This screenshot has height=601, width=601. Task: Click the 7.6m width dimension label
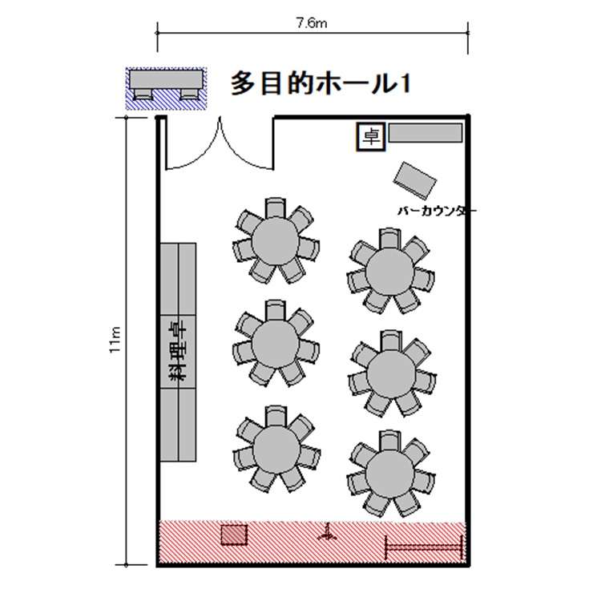tap(312, 24)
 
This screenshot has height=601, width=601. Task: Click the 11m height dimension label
tap(115, 340)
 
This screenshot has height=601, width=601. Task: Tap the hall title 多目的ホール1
tap(321, 83)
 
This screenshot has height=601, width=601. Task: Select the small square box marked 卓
tap(371, 136)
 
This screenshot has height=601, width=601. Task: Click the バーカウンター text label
tap(437, 211)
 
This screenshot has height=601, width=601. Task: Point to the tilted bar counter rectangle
tap(415, 180)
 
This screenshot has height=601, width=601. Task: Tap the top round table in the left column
tap(275, 240)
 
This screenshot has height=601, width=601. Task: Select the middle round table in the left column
tap(275, 342)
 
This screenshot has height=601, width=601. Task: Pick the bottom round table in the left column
tap(276, 448)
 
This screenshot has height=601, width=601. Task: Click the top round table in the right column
tap(389, 271)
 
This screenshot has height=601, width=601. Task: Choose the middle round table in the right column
tap(390, 373)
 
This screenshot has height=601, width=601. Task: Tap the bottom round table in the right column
tap(390, 474)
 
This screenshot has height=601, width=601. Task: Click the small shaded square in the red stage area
tap(234, 534)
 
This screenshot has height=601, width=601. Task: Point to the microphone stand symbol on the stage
tap(327, 532)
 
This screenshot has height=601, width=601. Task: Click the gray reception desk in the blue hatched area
tap(166, 79)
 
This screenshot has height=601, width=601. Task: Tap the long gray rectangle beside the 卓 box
tap(426, 133)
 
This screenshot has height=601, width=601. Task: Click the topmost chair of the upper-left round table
tap(276, 208)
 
